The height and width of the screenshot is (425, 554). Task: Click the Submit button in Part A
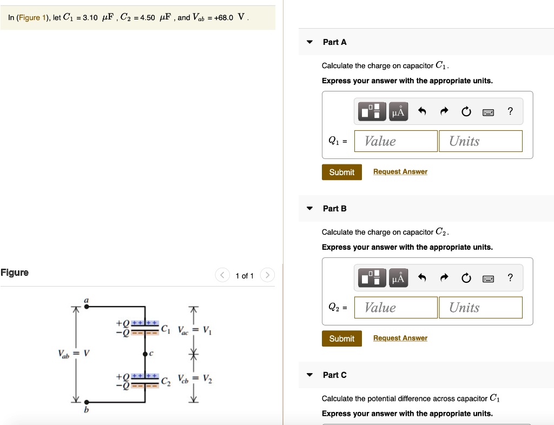pos(341,172)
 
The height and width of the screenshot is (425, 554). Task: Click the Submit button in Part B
pos(341,338)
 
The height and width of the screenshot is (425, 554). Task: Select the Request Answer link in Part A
pos(400,171)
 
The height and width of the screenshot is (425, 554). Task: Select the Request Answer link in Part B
pos(400,338)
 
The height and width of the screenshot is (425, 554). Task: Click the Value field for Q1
pos(395,141)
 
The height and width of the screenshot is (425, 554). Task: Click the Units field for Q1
pos(480,141)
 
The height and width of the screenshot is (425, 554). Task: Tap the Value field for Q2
pos(395,308)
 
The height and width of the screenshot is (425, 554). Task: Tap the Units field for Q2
pos(480,308)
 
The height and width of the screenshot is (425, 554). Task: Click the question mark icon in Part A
pos(510,112)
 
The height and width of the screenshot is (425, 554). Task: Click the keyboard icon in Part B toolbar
pos(489,278)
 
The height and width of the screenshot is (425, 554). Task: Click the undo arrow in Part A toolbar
pos(423,112)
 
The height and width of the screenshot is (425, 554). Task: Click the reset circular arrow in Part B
pos(466,278)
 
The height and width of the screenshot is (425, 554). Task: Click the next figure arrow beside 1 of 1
pos(267,276)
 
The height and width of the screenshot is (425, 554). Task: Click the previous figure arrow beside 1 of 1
pos(222,276)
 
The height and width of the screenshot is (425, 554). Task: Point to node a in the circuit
pos(86,306)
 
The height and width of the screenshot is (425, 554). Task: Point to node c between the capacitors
pos(145,354)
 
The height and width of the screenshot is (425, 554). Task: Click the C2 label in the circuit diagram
pos(165,381)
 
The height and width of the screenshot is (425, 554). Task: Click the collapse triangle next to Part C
pos(309,375)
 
